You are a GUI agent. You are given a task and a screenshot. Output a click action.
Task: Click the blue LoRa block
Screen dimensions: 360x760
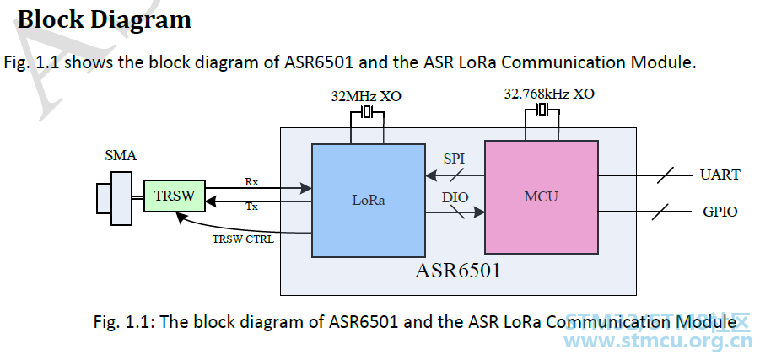click(368, 200)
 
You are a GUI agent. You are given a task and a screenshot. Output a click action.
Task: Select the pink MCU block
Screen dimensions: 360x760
click(541, 196)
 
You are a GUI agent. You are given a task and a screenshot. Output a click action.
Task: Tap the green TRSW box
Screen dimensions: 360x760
click(175, 196)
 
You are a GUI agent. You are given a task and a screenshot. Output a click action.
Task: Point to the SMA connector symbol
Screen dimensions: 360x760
click(116, 198)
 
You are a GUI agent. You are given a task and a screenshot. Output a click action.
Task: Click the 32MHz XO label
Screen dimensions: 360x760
click(366, 96)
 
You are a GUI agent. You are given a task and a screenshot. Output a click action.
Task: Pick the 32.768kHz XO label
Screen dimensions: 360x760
click(548, 94)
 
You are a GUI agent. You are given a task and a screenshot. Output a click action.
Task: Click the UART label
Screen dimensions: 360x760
click(720, 175)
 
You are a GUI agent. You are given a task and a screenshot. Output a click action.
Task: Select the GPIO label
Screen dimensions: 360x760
click(720, 212)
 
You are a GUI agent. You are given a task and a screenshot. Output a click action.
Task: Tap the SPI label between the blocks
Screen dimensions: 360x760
click(453, 159)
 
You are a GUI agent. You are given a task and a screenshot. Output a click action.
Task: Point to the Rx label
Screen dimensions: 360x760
click(251, 181)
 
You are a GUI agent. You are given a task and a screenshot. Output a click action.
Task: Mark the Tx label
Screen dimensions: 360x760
click(251, 207)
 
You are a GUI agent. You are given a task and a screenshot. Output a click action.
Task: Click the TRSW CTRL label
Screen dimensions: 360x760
click(242, 239)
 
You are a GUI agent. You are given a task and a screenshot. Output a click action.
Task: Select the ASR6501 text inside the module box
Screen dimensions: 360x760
click(458, 271)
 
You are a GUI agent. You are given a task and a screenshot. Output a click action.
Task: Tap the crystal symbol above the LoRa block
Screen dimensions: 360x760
click(367, 112)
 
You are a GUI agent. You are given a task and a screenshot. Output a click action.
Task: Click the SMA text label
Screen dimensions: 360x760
click(121, 156)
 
